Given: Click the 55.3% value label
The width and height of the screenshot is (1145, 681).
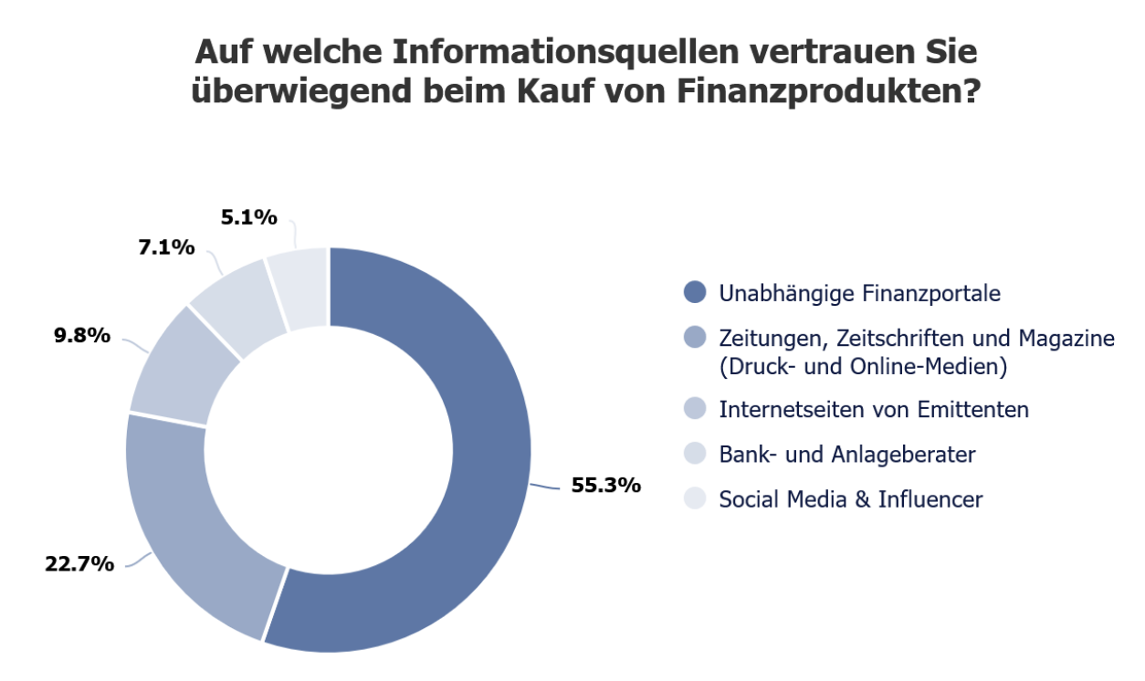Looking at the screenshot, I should [605, 486].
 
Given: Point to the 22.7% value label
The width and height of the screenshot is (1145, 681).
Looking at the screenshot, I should [79, 563].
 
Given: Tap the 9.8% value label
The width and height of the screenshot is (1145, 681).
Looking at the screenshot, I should [82, 336].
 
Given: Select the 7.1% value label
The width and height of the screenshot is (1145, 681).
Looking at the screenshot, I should [166, 246].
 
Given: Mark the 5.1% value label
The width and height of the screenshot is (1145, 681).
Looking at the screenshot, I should [248, 217].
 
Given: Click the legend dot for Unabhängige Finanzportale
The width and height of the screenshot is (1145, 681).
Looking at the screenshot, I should [696, 293].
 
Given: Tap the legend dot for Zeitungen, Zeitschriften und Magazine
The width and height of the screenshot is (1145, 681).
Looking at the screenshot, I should [696, 339].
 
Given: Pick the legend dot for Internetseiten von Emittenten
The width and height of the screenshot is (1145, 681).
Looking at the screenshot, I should [696, 409].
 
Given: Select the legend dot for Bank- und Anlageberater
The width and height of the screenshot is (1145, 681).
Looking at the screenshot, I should [696, 454].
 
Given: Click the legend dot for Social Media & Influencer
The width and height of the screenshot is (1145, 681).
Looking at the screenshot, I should [696, 499].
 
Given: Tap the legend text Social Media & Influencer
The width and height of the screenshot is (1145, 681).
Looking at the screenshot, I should [851, 499].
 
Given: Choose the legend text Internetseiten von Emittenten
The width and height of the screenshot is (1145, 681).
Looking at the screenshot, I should [874, 409].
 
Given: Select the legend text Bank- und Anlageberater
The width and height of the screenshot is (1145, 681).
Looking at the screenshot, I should [846, 454].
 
